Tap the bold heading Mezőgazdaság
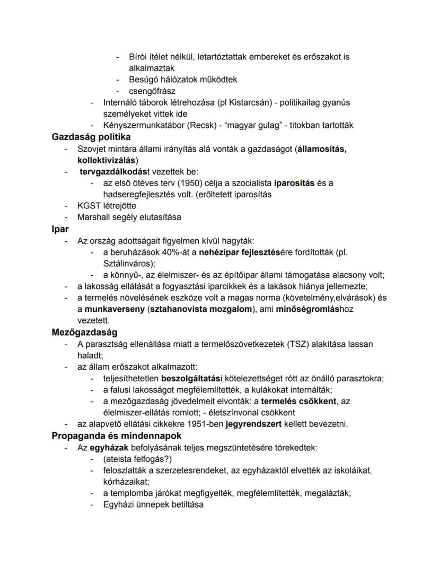point(84,333)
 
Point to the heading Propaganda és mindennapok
point(116,436)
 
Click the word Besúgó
point(144,80)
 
